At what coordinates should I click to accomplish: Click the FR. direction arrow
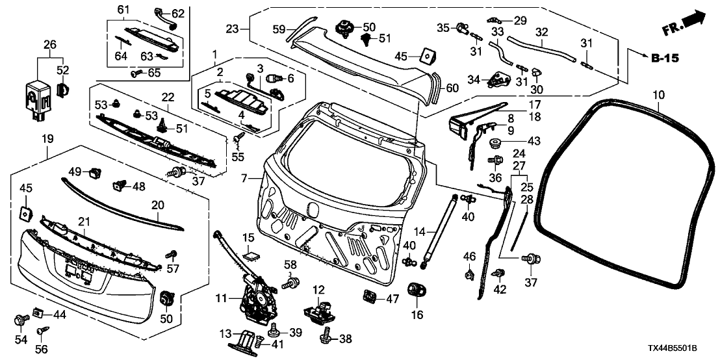[x=684, y=25]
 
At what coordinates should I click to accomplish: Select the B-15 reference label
[x=664, y=58]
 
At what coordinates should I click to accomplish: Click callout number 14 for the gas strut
[x=420, y=231]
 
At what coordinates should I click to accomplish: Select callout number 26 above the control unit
[x=50, y=45]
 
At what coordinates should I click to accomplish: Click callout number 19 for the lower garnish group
[x=49, y=138]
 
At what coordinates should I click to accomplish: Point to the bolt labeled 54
[x=20, y=320]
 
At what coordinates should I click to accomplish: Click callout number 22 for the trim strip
[x=168, y=97]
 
